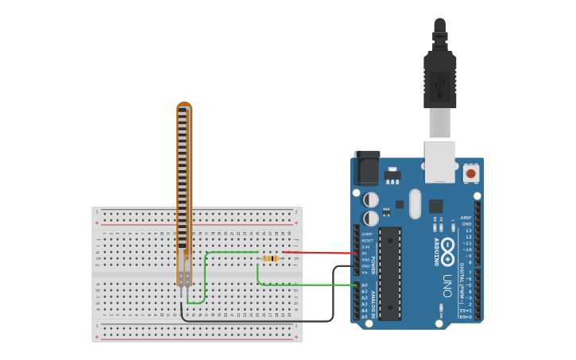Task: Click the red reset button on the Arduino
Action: click(x=471, y=172)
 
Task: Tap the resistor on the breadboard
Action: click(x=270, y=258)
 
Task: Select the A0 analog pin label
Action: click(x=365, y=285)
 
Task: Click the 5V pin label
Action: click(x=365, y=254)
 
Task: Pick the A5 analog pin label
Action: click(x=365, y=316)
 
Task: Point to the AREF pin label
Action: click(x=466, y=217)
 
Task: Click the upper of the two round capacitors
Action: click(x=371, y=199)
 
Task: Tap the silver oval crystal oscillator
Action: click(x=415, y=203)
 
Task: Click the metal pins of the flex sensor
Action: click(x=184, y=292)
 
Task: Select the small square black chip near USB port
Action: click(x=435, y=206)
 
